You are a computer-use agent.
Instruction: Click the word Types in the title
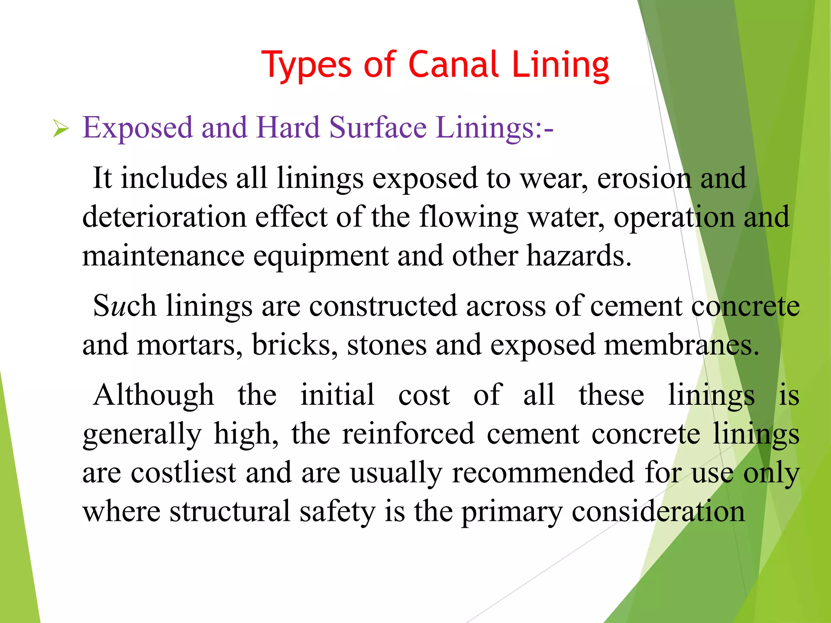[307, 65]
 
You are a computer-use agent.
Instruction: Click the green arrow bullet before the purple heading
[61, 129]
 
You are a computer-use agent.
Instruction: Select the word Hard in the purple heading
[288, 128]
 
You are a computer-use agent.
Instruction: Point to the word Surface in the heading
[378, 128]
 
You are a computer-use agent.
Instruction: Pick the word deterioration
[164, 217]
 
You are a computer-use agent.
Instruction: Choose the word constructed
[383, 306]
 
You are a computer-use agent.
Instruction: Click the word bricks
[295, 345]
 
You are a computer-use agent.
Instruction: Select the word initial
[337, 395]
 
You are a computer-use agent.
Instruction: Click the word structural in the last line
[230, 511]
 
